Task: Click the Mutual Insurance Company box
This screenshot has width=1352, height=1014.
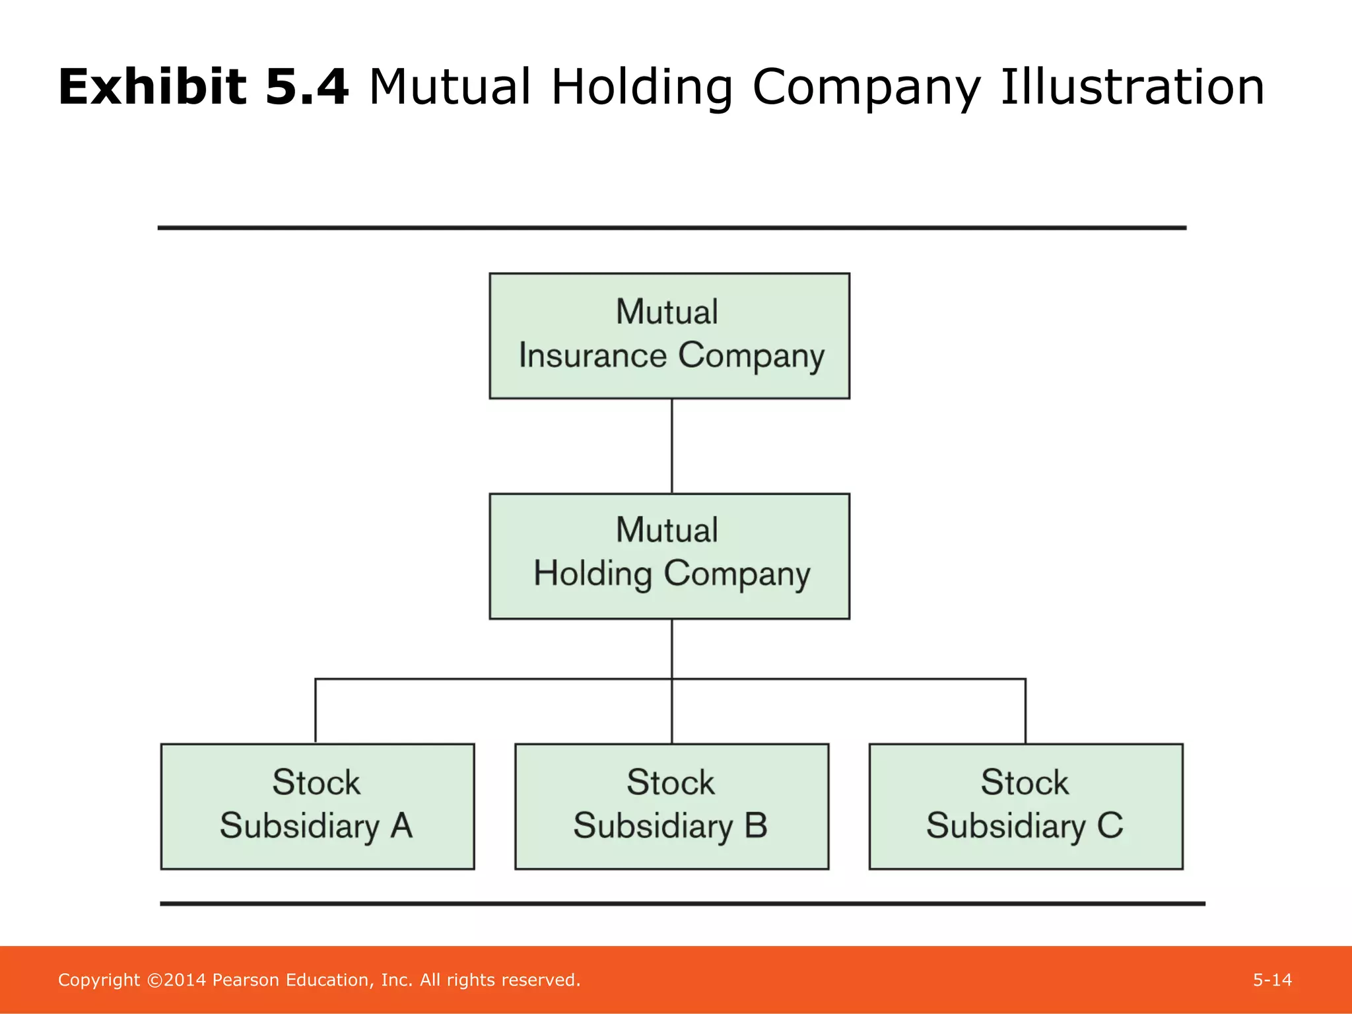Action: [x=669, y=335]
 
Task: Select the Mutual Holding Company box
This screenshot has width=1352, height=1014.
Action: [x=669, y=556]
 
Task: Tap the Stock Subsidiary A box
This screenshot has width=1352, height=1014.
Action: [x=318, y=806]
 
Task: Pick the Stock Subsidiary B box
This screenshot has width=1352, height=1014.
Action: [x=671, y=806]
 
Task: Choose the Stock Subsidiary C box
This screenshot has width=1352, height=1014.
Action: [x=1025, y=806]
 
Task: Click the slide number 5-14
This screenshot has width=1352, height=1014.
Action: [x=1272, y=980]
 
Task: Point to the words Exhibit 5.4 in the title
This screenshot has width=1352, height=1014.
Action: [x=203, y=87]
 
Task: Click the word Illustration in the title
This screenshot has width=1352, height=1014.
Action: [x=1132, y=87]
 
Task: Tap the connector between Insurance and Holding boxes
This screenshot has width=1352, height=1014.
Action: [x=671, y=446]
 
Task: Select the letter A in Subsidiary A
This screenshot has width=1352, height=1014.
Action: [x=401, y=826]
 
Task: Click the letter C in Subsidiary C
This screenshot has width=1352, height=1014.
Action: [x=1110, y=826]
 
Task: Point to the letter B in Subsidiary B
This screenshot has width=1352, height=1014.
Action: [x=756, y=826]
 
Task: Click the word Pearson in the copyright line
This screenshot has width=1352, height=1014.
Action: [x=246, y=980]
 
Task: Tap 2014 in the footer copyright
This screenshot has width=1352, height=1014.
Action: [x=184, y=980]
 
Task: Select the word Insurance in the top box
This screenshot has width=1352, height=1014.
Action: [x=593, y=356]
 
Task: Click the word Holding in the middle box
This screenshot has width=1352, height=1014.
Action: [x=593, y=574]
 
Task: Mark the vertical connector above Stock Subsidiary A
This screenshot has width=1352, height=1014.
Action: [x=316, y=710]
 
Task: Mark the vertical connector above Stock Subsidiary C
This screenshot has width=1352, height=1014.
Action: [x=1025, y=710]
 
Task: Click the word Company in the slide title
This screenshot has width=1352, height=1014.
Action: [x=866, y=87]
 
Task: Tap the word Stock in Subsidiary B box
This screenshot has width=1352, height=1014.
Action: [x=670, y=783]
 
